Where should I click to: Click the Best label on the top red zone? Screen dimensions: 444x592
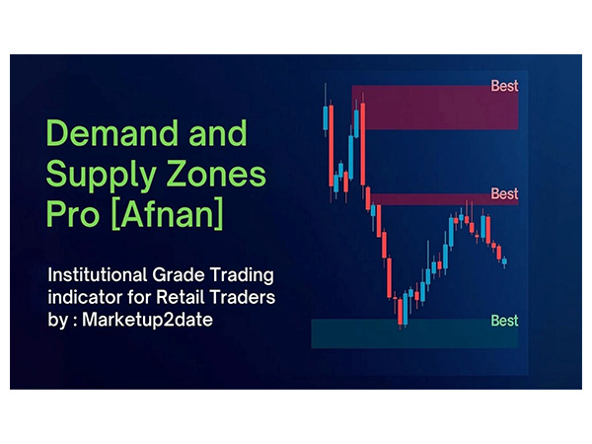click(x=504, y=86)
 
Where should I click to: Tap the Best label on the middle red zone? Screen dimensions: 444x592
click(x=504, y=193)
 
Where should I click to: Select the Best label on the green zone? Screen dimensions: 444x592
click(x=504, y=321)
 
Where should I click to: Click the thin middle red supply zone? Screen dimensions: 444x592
click(x=424, y=198)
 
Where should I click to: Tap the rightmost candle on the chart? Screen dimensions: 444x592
click(x=504, y=261)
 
